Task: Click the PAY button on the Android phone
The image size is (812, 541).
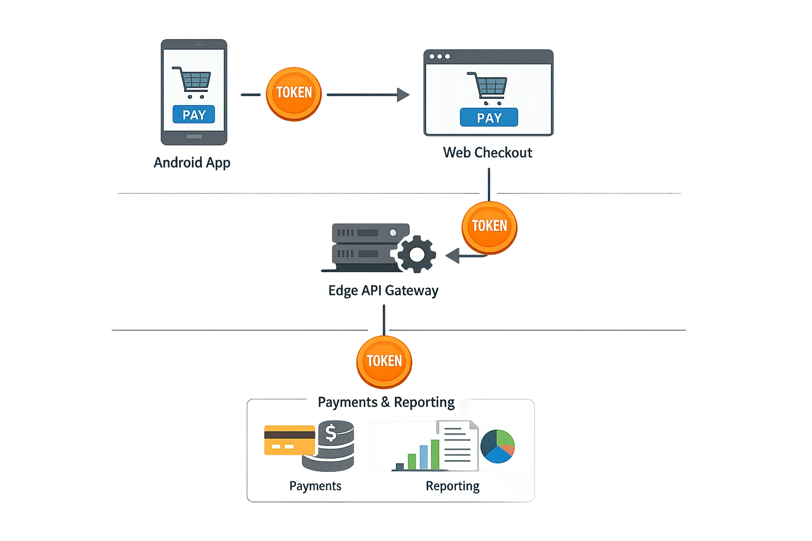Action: click(194, 115)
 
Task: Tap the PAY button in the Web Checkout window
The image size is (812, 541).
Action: click(489, 118)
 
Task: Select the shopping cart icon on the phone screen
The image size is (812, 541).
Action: click(192, 82)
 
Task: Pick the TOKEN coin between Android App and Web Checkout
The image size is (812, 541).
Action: click(294, 94)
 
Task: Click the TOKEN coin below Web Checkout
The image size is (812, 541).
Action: click(489, 227)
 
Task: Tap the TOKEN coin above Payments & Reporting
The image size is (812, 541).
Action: click(384, 361)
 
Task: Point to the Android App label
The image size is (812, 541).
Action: click(192, 162)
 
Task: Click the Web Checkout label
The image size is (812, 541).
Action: click(487, 153)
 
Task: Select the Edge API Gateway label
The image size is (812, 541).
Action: click(383, 291)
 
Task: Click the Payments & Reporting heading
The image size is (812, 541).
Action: click(386, 402)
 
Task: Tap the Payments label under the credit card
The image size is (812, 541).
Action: click(315, 486)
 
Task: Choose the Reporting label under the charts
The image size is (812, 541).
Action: click(453, 486)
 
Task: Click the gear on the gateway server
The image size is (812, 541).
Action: click(417, 255)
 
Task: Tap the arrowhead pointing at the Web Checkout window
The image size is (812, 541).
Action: click(403, 95)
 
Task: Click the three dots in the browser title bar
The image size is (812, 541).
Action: click(440, 57)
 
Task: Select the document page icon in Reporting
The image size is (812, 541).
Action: click(457, 444)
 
